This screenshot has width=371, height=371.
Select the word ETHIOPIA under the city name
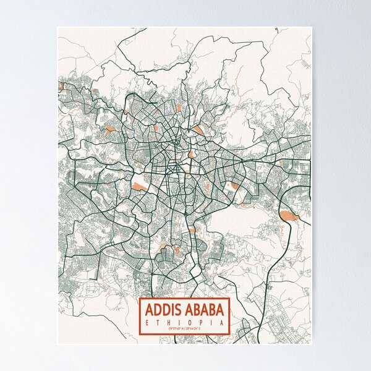pyautogui.click(x=184, y=322)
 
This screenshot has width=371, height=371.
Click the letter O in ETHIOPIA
pyautogui.click(x=189, y=322)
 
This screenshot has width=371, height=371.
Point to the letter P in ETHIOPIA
pyautogui.click(x=201, y=322)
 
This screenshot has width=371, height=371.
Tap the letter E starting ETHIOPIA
pyautogui.click(x=143, y=322)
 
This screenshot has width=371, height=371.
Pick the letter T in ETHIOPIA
pyautogui.click(x=155, y=322)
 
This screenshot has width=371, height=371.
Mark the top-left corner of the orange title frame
pyautogui.click(x=139, y=298)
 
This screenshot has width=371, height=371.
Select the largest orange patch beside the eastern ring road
pyautogui.click(x=288, y=215)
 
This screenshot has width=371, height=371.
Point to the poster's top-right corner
pyautogui.click(x=312, y=27)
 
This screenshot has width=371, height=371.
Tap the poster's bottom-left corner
pyautogui.click(x=58, y=344)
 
